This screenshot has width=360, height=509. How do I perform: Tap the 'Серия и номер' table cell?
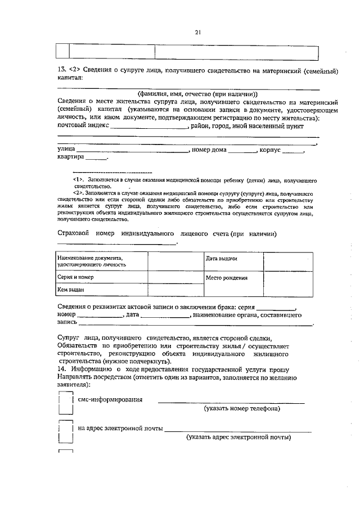[x=101, y=277]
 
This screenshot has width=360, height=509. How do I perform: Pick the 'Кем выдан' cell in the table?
[x=101, y=290]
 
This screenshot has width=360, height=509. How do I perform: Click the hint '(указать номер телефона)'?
[x=242, y=409]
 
